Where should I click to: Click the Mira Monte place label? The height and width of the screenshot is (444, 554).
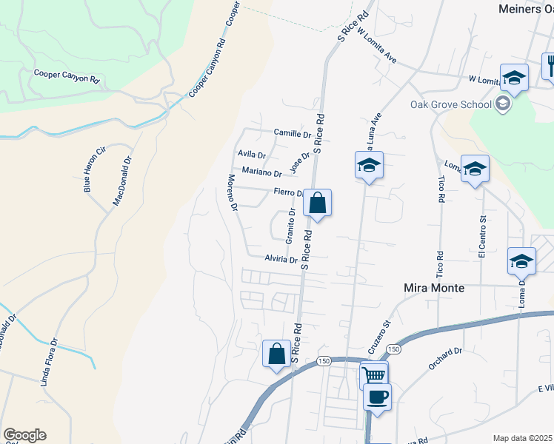point(433,288)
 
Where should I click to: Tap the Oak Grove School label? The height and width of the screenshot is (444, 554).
point(451,104)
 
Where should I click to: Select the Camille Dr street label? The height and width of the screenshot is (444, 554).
point(293,134)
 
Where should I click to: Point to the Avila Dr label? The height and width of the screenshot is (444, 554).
point(251,155)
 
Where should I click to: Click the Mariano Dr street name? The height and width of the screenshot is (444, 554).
point(257,173)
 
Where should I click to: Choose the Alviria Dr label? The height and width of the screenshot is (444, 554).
point(281,260)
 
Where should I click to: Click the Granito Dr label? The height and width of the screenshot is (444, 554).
point(290,226)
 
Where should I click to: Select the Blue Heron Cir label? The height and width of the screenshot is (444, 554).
point(96,169)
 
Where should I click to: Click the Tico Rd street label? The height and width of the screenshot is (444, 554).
point(441,190)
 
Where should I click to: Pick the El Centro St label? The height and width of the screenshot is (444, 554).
point(481,236)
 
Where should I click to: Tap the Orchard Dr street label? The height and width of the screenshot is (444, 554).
point(444,359)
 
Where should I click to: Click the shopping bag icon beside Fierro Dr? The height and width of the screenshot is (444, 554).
point(317,203)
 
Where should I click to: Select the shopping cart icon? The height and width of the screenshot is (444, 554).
point(374,374)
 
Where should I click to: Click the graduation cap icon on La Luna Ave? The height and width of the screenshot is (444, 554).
point(368,166)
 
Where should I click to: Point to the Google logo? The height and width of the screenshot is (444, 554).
point(24,435)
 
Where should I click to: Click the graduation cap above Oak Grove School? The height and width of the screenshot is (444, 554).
point(514,77)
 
